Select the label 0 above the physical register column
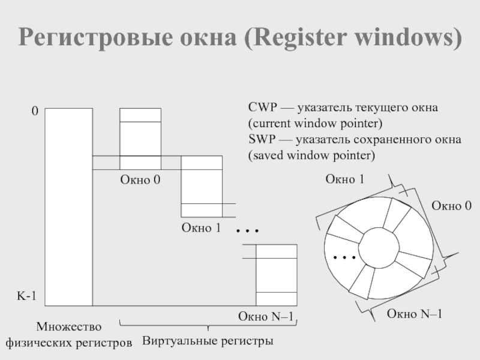[x=35, y=112]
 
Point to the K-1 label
[x=26, y=296]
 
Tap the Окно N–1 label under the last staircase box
[x=266, y=316]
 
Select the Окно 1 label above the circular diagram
[x=346, y=179]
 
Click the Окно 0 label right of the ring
[x=452, y=206]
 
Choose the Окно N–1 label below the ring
[x=415, y=313]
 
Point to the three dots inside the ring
[x=345, y=257]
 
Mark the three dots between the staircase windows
[x=247, y=230]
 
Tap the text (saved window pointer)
[x=311, y=155]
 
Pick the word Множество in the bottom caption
[x=69, y=327]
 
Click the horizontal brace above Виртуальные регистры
[x=208, y=326]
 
